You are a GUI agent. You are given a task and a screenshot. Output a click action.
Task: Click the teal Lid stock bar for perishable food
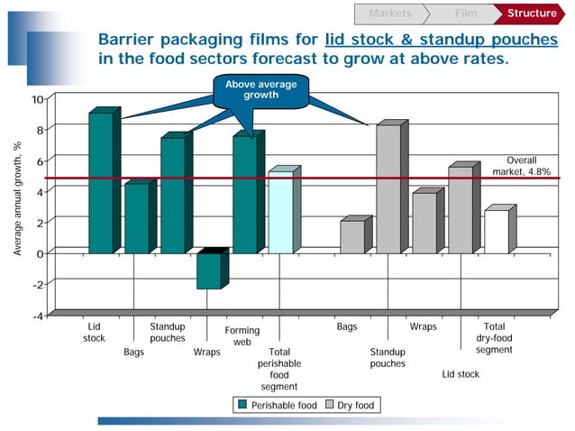pos(101,182)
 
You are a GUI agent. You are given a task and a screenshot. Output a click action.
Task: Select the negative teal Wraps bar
pos(209,271)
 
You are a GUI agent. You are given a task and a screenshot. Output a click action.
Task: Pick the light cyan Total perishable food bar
pos(280,213)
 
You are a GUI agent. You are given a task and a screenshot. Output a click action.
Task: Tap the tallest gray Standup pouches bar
pos(388,189)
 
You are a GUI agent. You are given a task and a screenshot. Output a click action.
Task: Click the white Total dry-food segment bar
pos(497,232)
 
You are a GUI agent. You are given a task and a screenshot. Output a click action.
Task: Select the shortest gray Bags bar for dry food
pos(352,236)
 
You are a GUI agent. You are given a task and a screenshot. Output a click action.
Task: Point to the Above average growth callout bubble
pos(254,90)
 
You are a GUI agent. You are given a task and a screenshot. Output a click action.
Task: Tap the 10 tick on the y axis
pos(36,99)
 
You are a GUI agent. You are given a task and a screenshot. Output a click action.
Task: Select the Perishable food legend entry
pos(277,406)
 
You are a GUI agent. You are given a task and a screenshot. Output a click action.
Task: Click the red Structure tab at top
pos(532,14)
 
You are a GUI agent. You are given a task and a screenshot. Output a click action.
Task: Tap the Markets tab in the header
pos(390,14)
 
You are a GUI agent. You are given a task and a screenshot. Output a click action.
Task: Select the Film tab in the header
pos(466,14)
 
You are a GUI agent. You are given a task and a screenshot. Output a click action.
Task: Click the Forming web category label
pos(242,336)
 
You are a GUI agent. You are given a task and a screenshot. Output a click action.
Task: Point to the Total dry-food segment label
pos(494,338)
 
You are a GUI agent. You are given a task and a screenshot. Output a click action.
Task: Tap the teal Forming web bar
pos(244,194)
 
